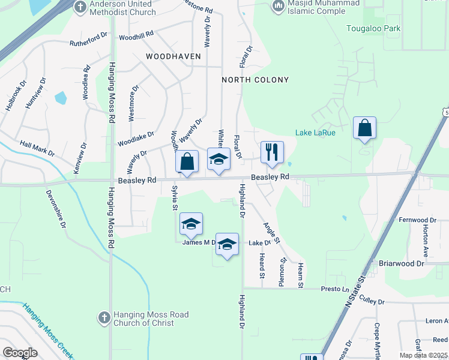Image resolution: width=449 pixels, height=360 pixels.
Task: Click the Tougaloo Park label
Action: (x=373, y=28)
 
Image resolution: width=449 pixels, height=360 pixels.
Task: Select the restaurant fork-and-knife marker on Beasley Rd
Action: (x=272, y=153)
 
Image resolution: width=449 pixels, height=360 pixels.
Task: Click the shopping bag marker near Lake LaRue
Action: (x=364, y=128)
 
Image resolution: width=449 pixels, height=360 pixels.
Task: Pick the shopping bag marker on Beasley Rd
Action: (x=187, y=162)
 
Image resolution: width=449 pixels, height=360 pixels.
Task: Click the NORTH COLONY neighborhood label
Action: (x=255, y=80)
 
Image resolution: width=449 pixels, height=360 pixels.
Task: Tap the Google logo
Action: (x=20, y=353)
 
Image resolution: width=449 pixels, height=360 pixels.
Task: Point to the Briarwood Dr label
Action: (x=402, y=263)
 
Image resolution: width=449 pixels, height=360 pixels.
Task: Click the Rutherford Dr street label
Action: (x=88, y=42)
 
